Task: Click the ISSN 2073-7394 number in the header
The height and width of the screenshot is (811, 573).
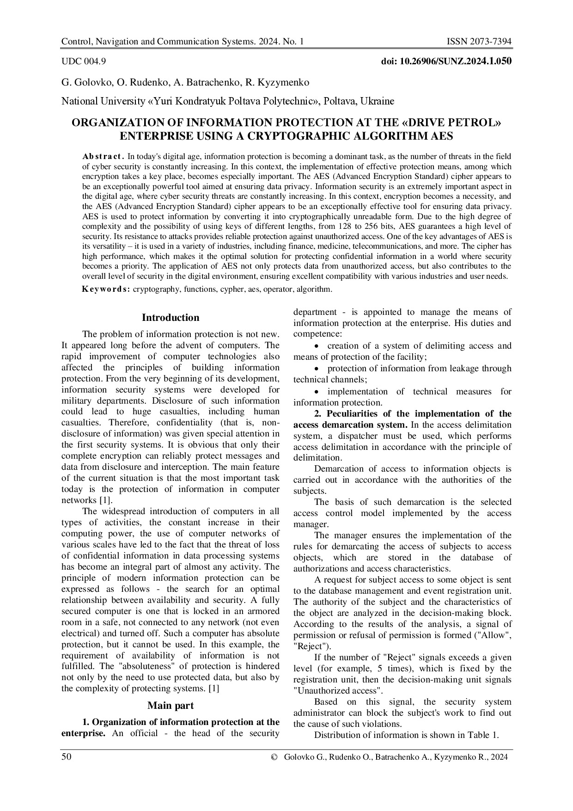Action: [479, 42]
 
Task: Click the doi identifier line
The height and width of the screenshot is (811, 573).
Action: [445, 61]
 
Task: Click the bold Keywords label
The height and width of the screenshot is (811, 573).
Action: [106, 289]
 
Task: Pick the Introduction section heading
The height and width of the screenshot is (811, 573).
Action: [171, 318]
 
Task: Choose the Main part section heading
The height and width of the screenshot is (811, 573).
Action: [171, 705]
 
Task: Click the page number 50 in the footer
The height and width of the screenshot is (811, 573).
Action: [67, 757]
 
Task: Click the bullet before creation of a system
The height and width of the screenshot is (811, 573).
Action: [316, 346]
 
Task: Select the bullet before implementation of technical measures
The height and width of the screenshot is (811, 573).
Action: [316, 392]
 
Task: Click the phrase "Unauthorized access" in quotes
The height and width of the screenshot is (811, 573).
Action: [338, 691]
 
